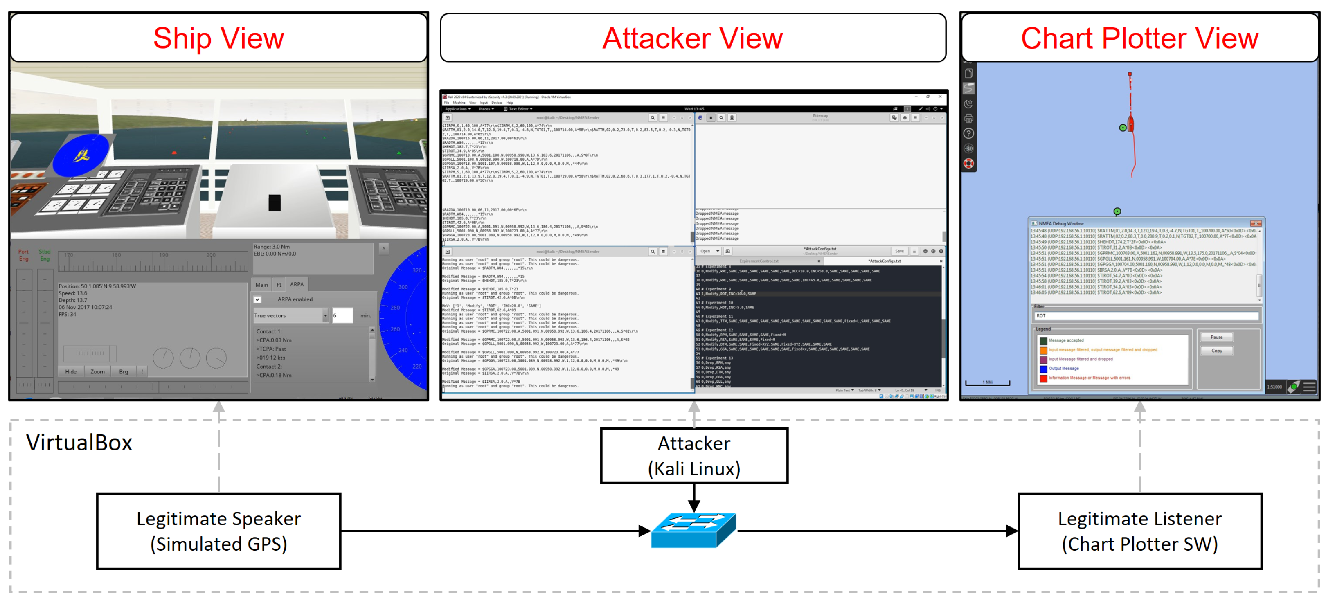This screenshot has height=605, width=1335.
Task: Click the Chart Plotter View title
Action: click(1139, 38)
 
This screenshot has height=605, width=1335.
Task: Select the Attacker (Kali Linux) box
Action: click(694, 456)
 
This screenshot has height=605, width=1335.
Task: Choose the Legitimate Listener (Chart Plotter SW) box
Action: click(1139, 531)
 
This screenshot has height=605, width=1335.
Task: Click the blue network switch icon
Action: click(693, 529)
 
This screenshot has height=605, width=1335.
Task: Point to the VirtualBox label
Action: click(79, 443)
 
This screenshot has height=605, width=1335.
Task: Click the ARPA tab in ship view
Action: click(297, 284)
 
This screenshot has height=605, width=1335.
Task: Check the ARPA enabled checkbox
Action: click(258, 299)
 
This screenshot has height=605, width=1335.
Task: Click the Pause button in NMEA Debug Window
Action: click(1216, 337)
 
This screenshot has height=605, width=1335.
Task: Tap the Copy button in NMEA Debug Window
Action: click(1216, 351)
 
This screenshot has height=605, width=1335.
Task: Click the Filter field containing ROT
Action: click(1145, 315)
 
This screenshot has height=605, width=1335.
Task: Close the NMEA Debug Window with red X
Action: click(1256, 223)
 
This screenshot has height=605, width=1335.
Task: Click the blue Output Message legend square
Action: click(1043, 369)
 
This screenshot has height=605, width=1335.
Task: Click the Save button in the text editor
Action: click(899, 251)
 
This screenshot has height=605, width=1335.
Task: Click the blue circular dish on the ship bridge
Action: click(81, 155)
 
